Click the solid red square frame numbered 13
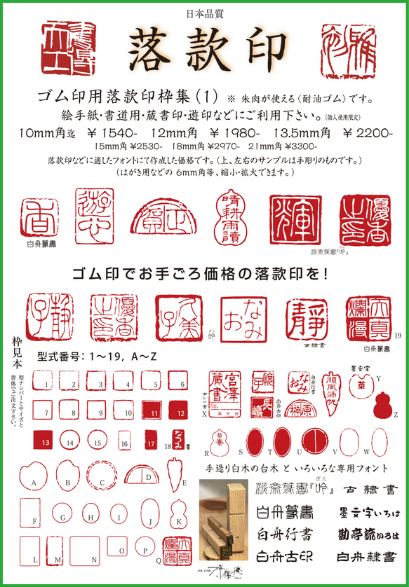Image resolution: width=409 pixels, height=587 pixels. click(44, 442)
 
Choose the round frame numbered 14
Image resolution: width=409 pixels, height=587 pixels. click(70, 442)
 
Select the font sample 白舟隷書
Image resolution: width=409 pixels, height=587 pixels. click(363, 558)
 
